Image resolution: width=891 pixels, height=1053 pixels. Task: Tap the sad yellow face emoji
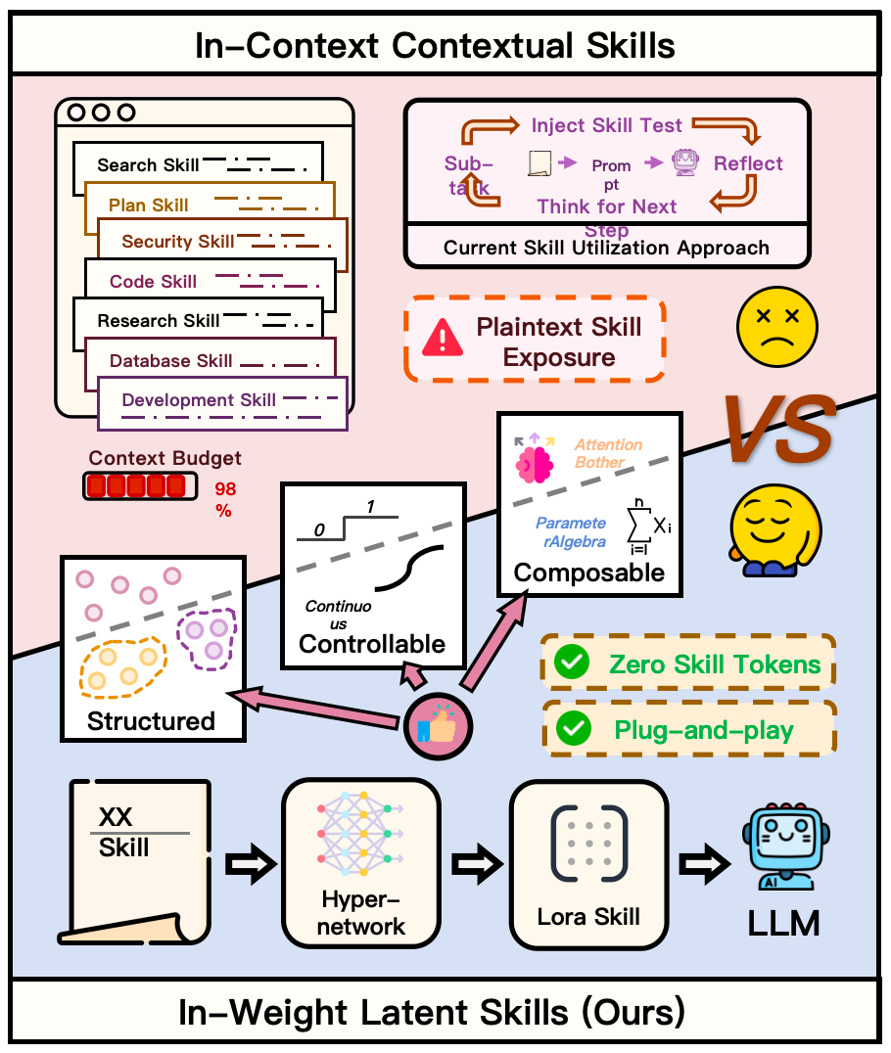(777, 327)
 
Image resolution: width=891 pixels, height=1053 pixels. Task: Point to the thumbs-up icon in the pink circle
(438, 726)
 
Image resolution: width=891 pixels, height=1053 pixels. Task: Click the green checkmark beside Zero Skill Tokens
(572, 663)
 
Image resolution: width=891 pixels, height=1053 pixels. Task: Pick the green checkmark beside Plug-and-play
(574, 729)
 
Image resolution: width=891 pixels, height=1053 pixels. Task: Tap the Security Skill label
(178, 241)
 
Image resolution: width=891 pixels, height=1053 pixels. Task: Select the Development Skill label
(199, 400)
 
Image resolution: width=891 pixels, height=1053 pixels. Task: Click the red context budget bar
(140, 486)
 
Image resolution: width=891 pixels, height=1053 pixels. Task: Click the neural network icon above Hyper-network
(361, 834)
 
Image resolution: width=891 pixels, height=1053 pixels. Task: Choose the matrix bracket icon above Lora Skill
(589, 843)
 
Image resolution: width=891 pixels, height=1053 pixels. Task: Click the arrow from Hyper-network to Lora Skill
(477, 863)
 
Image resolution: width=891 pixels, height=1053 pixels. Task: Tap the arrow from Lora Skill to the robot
(705, 863)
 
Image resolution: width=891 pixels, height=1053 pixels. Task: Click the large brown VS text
(780, 429)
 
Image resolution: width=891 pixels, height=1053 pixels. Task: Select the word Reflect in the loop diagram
(748, 163)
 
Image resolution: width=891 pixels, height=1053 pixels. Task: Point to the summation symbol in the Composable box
(638, 524)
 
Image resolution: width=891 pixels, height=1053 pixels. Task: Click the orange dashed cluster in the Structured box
(123, 667)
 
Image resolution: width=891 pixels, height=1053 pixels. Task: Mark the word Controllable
(372, 644)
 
